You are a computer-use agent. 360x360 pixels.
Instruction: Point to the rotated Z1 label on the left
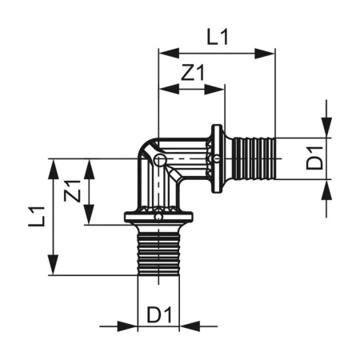coord(72,192)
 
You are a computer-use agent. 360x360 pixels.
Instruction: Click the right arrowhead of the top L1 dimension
coord(270,54)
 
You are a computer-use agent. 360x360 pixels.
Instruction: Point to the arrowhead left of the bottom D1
coord(130,326)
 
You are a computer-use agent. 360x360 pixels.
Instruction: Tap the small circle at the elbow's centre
coord(160,160)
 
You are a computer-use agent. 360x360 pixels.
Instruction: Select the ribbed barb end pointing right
coord(254,159)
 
